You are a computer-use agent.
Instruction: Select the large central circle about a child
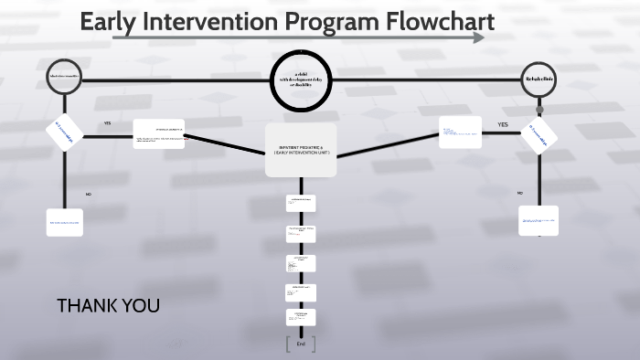[301, 79]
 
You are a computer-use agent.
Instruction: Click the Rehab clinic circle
[539, 79]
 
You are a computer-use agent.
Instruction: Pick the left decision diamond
[65, 133]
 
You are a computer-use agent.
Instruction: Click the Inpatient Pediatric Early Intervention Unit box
[301, 149]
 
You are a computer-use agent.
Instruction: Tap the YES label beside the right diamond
[502, 124]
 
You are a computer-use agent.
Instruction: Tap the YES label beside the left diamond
[107, 123]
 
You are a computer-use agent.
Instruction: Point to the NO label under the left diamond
[89, 195]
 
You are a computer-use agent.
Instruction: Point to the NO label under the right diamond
[519, 194]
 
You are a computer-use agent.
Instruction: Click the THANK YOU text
[108, 305]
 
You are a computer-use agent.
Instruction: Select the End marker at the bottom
[301, 344]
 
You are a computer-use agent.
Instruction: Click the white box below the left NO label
[65, 222]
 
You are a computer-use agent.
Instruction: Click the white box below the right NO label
[539, 220]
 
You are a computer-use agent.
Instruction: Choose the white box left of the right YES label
[460, 132]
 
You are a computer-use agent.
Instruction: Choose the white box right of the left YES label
[158, 133]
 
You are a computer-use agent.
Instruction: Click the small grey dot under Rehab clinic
[539, 110]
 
